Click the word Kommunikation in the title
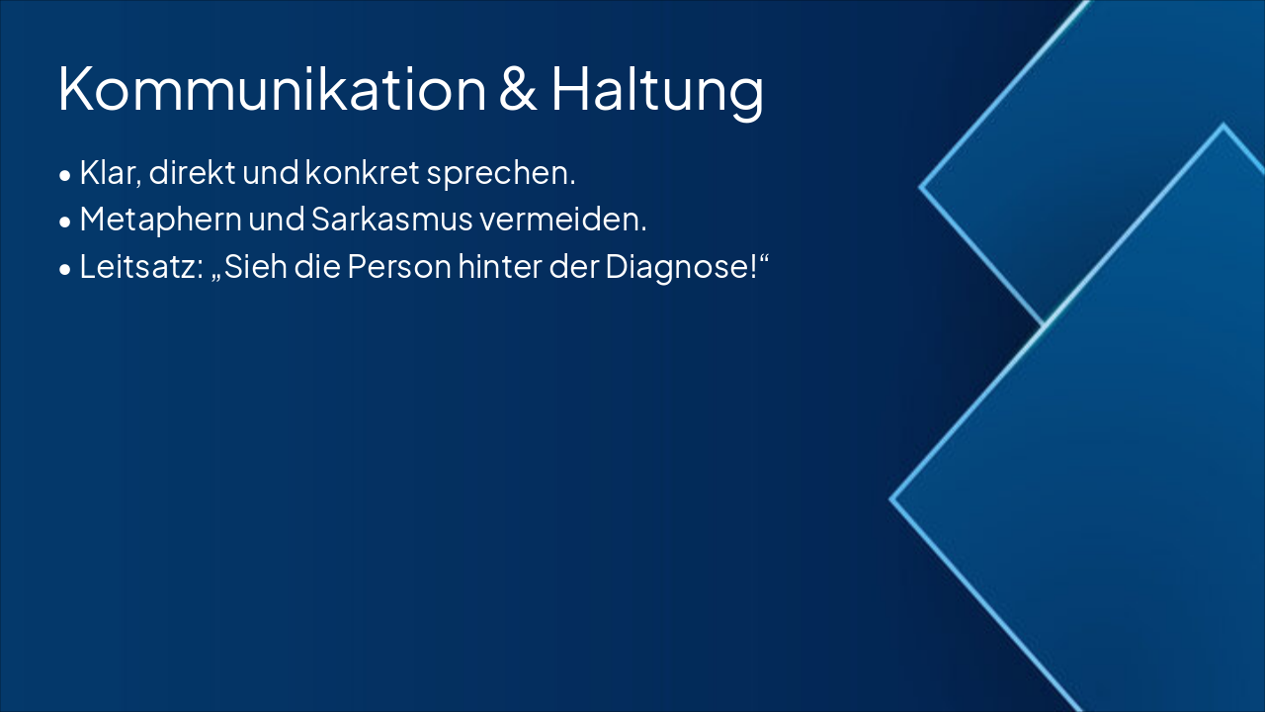point(272,89)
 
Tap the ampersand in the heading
point(519,89)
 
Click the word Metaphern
point(160,221)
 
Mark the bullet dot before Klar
point(65,176)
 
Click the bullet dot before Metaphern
point(65,222)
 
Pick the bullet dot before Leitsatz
point(65,269)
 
